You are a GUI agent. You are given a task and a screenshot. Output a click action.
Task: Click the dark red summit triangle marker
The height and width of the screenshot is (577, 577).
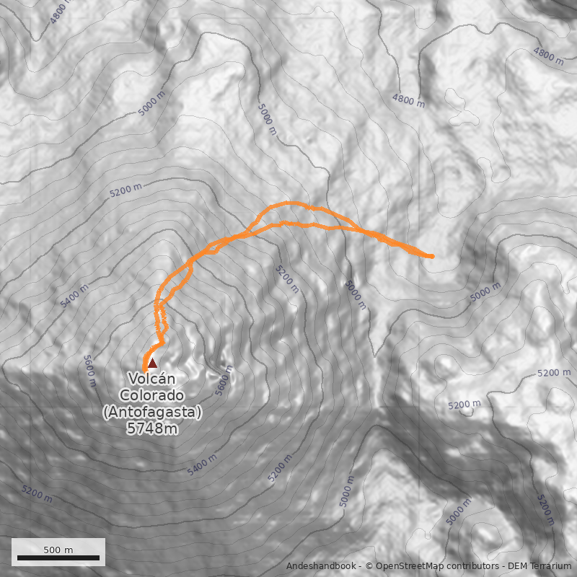tap(152, 364)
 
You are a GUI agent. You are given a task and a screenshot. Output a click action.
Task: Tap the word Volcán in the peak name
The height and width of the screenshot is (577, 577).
tap(152, 379)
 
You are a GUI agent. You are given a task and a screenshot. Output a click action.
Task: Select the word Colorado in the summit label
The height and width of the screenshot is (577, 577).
tap(152, 395)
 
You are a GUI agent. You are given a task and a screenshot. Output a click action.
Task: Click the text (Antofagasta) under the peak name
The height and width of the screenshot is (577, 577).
tap(152, 412)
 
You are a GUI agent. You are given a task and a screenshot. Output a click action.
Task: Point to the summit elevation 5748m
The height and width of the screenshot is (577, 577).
tap(152, 428)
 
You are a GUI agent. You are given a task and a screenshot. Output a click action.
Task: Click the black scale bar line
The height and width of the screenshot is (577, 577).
tap(58, 558)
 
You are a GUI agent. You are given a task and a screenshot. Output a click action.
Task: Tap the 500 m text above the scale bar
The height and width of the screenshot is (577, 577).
tap(58, 550)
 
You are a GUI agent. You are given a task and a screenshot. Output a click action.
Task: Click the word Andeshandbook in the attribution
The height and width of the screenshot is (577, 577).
tap(322, 566)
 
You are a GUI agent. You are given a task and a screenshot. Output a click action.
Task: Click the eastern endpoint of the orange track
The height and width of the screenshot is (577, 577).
tap(431, 256)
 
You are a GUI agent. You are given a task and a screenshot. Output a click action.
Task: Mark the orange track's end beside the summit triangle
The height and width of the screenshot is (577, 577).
tap(145, 370)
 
